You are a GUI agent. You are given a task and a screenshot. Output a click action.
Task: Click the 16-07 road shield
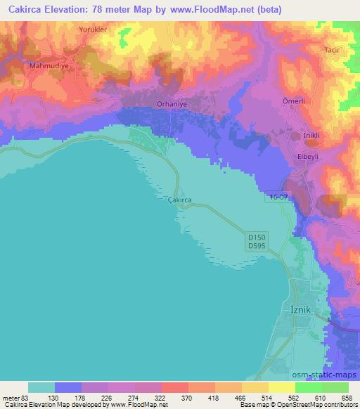(276, 198)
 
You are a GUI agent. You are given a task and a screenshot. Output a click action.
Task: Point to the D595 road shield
(257, 245)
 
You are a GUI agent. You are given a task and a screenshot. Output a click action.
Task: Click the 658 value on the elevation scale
(347, 397)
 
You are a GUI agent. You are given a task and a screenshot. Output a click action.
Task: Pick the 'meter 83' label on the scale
(15, 397)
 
